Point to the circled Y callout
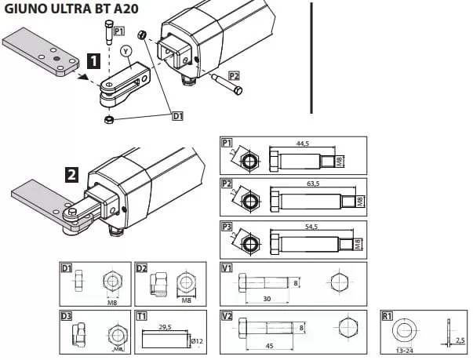pos(126,50)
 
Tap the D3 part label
pos(68,316)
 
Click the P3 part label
pos(227,226)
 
